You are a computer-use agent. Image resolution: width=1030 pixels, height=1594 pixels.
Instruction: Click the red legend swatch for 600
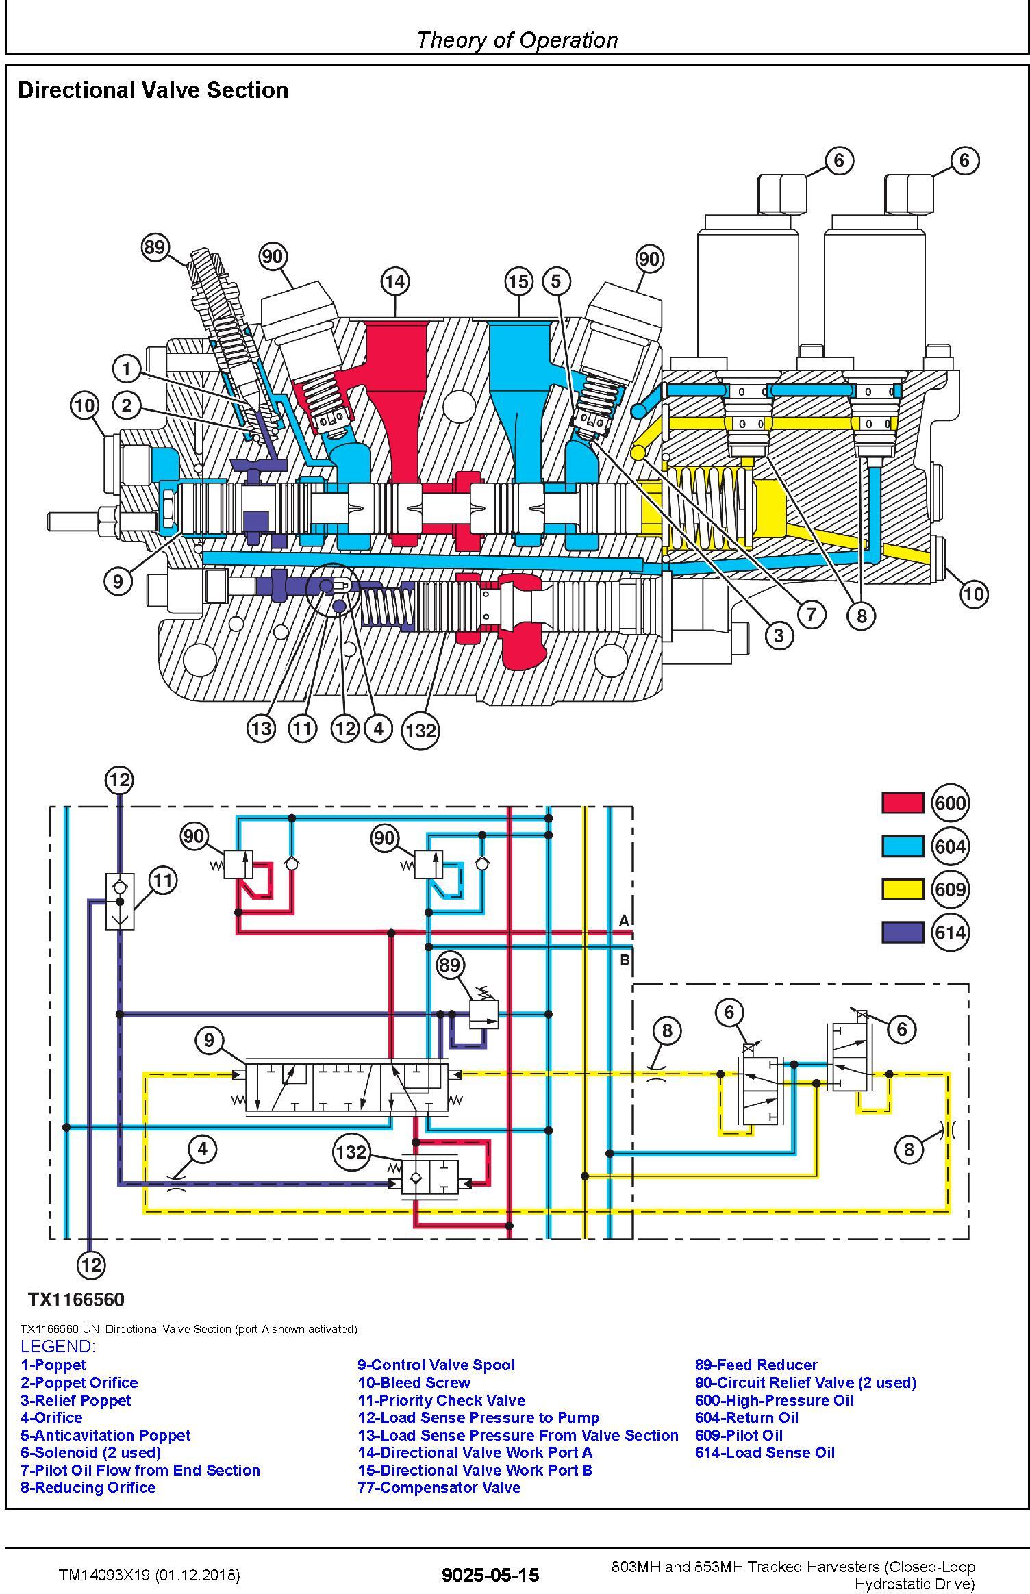(902, 802)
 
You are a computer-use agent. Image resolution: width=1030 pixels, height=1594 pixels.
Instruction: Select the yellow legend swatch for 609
(902, 889)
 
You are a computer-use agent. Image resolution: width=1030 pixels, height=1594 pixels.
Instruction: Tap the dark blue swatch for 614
(902, 932)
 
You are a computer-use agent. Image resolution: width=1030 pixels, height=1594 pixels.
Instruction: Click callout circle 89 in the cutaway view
(155, 246)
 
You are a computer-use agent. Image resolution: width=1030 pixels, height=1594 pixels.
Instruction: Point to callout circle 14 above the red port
(395, 281)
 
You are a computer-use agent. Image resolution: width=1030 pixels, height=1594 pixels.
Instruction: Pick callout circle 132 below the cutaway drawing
(420, 731)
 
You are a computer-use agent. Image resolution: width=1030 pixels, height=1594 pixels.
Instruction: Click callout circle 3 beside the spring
(779, 635)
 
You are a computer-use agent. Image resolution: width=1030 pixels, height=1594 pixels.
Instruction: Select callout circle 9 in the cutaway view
(118, 581)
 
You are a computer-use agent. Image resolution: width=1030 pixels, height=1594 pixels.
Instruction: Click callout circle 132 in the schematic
(351, 1151)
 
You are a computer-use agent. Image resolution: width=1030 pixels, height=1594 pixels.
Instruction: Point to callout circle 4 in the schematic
(202, 1148)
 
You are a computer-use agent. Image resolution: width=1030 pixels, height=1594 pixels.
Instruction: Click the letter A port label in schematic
(624, 921)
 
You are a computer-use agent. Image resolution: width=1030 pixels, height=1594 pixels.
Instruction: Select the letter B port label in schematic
(625, 960)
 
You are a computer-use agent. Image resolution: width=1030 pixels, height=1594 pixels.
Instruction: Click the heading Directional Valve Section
(153, 90)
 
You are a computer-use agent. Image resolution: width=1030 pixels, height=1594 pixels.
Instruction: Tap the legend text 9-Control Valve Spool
(436, 1365)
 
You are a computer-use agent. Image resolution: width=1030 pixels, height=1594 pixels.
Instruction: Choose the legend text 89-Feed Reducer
(756, 1365)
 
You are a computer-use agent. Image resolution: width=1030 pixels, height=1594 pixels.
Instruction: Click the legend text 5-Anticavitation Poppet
(105, 1435)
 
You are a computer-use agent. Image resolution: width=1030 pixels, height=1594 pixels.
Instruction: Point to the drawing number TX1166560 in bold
(76, 1300)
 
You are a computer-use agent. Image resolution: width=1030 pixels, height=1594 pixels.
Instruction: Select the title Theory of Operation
(517, 40)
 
